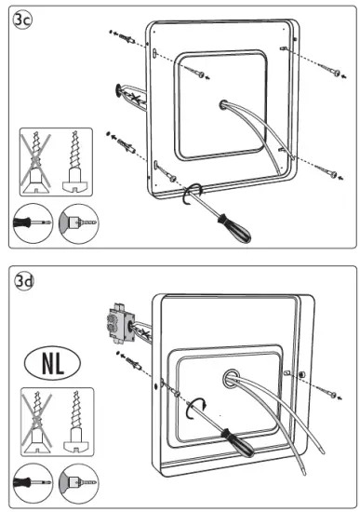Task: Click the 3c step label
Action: pyautogui.click(x=22, y=20)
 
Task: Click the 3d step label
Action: pyautogui.click(x=24, y=281)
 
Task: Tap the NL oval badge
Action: pyautogui.click(x=52, y=363)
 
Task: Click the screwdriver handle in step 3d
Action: pyautogui.click(x=237, y=443)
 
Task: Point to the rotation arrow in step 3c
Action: pyautogui.click(x=193, y=194)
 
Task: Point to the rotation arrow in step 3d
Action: pyautogui.click(x=195, y=408)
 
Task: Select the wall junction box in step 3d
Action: pyautogui.click(x=120, y=323)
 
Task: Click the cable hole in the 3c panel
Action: pyautogui.click(x=224, y=105)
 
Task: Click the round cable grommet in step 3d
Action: pyautogui.click(x=232, y=378)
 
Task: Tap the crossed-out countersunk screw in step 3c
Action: pyautogui.click(x=36, y=162)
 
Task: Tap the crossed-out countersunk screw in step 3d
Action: pyautogui.click(x=37, y=422)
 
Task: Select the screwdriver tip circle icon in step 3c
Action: pyautogui.click(x=33, y=223)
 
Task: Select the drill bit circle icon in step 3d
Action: pyautogui.click(x=79, y=483)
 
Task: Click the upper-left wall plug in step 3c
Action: pyautogui.click(x=127, y=38)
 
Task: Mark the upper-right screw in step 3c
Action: pyautogui.click(x=330, y=70)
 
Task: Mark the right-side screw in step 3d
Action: pyautogui.click(x=327, y=392)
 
